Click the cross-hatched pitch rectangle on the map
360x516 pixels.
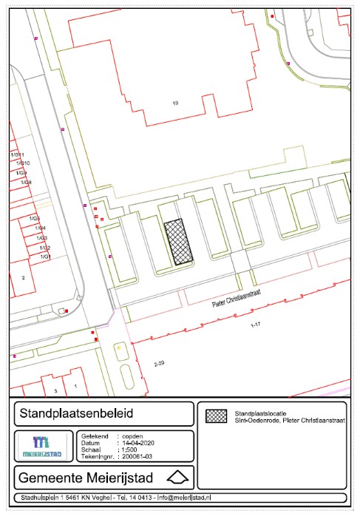[x=178, y=242]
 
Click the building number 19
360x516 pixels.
[x=174, y=102]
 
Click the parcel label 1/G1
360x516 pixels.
[x=44, y=257]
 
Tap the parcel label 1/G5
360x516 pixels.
[x=35, y=220]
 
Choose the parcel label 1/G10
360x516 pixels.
[x=23, y=163]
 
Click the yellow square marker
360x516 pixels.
[x=118, y=346]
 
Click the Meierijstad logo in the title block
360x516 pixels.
[x=44, y=447]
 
